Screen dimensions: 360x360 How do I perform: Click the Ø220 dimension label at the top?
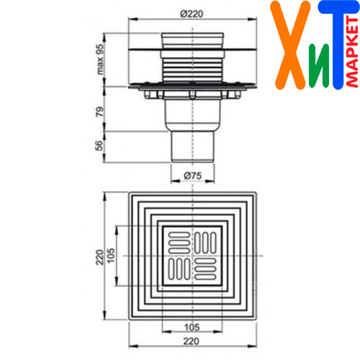(192, 14)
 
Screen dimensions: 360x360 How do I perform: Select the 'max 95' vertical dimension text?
(100, 59)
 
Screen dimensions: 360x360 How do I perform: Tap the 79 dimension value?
(100, 112)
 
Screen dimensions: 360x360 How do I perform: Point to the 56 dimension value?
(99, 145)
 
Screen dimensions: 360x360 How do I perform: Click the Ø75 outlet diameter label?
(193, 176)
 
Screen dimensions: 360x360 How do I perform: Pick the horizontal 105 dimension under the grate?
(192, 328)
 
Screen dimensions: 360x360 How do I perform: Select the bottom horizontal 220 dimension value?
(192, 341)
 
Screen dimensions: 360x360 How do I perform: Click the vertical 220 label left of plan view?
(100, 257)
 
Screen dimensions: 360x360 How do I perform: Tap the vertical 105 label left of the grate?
(110, 256)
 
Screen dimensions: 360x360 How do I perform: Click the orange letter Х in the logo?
(290, 45)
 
